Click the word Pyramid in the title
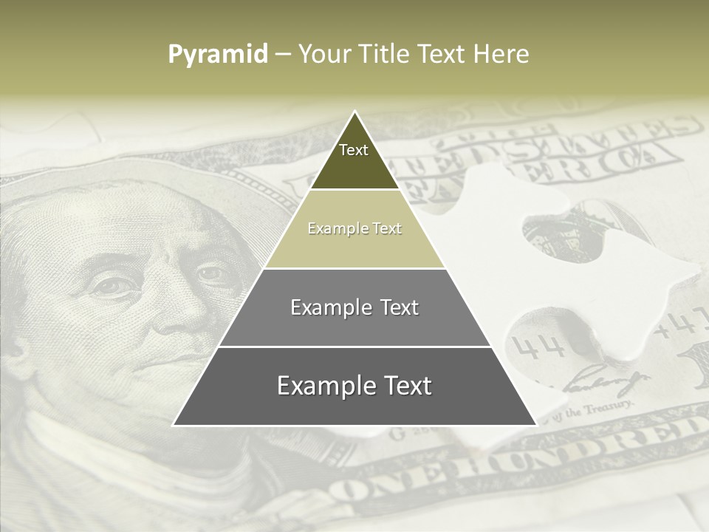tap(217, 55)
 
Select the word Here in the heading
tap(501, 55)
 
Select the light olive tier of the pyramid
tap(354, 229)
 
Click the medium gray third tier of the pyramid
tap(354, 307)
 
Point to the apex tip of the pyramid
tap(354, 114)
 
